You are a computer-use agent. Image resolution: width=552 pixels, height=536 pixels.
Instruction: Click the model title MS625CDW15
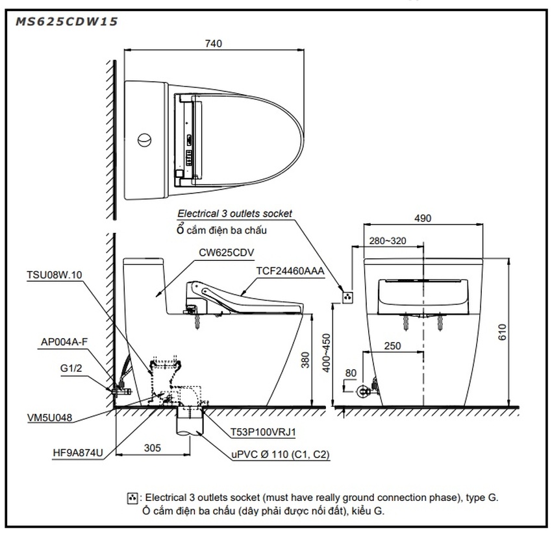coord(64,21)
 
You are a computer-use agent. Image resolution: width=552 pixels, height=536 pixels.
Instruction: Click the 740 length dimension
coord(213,43)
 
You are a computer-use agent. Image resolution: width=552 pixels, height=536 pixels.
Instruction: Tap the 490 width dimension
coord(422,219)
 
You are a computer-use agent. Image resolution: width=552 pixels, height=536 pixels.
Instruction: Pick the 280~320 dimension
coord(387,241)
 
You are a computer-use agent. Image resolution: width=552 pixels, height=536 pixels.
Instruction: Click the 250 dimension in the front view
coord(392,346)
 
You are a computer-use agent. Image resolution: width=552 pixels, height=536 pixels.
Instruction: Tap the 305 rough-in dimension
coord(152,447)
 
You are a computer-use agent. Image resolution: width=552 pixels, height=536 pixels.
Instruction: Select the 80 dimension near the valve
coord(352,373)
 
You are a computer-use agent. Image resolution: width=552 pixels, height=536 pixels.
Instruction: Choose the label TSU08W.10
coord(56,274)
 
